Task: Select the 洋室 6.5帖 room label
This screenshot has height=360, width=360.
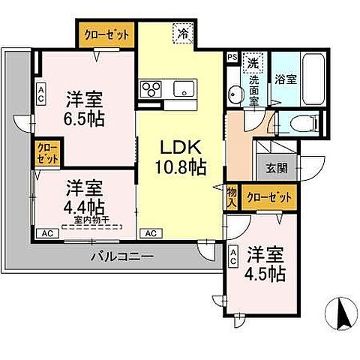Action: tap(84, 108)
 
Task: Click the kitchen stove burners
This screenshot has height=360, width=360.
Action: tap(150, 89)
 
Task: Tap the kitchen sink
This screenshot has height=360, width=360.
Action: tap(182, 89)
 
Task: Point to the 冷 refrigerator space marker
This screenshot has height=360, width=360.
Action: tap(183, 32)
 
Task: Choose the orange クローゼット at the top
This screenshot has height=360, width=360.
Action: tap(107, 34)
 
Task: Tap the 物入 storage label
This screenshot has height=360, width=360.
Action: tap(232, 196)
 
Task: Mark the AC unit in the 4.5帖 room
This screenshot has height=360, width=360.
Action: tap(234, 256)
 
